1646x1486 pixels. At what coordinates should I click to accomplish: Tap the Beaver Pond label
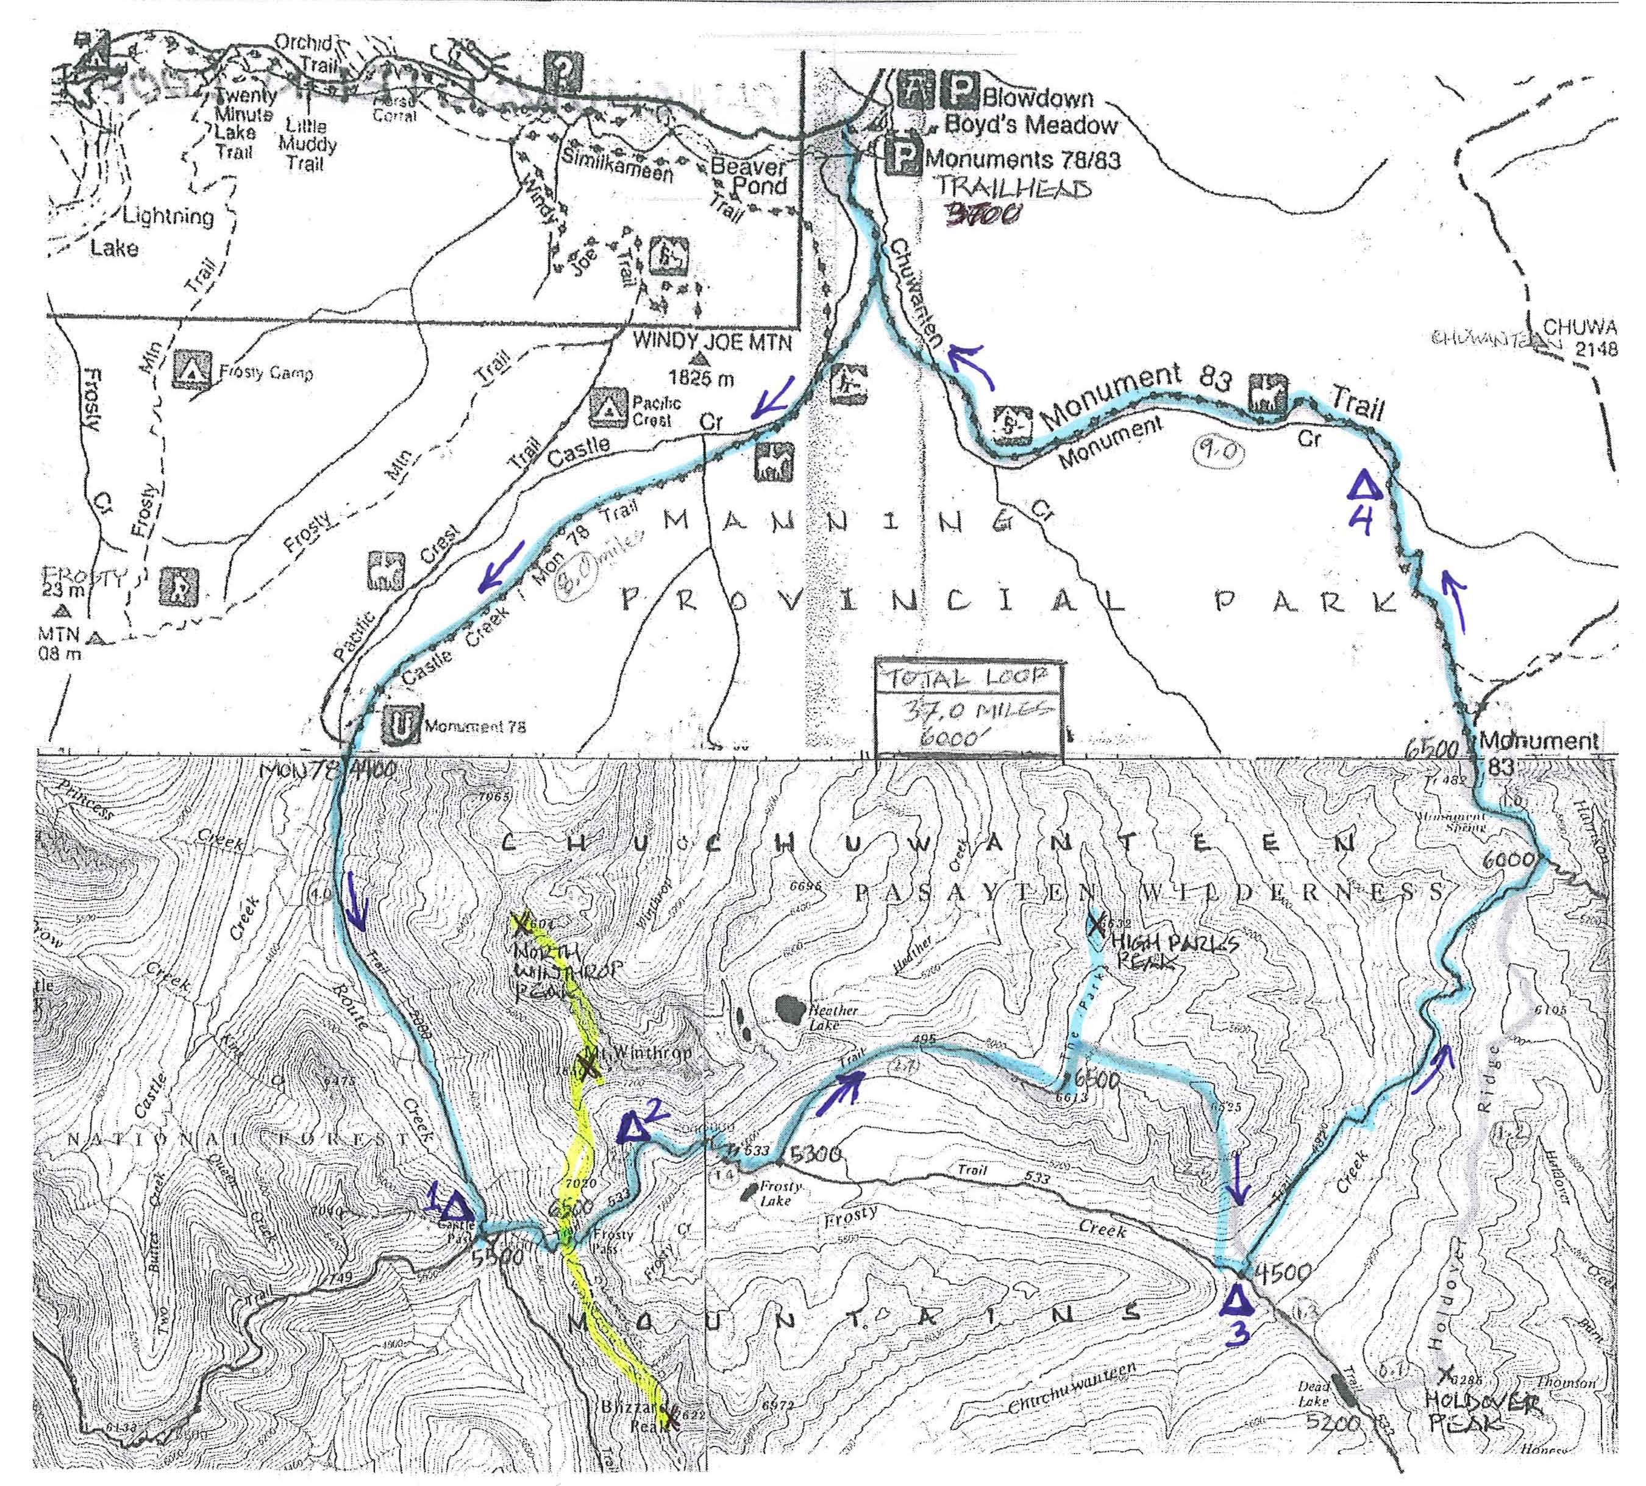749,176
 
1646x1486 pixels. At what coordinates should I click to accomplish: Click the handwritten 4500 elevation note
1282,1272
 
